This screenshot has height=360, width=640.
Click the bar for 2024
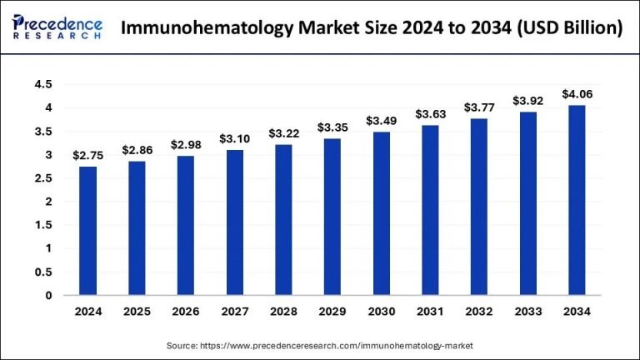pyautogui.click(x=88, y=231)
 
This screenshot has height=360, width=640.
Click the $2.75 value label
pyautogui.click(x=88, y=156)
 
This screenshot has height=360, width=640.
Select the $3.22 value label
pyautogui.click(x=284, y=133)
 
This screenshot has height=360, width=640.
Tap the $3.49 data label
pyautogui.click(x=382, y=121)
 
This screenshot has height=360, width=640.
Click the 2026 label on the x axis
pyautogui.click(x=186, y=312)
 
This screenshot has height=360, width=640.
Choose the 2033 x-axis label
pyautogui.click(x=528, y=312)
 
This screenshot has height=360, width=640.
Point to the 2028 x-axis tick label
pyautogui.click(x=284, y=312)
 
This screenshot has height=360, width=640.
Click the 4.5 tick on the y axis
pyautogui.click(x=43, y=85)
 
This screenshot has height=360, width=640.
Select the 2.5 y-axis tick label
pyautogui.click(x=43, y=178)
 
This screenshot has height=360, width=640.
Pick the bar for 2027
pyautogui.click(x=235, y=222)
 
